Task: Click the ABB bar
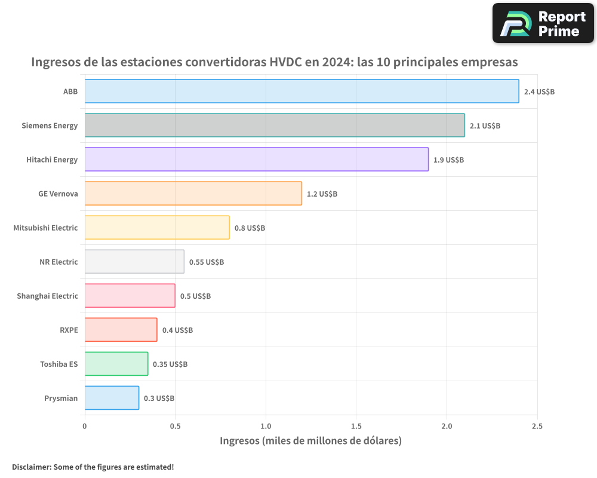coord(301,91)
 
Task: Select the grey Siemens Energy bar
coord(275,125)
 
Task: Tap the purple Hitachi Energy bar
coord(257,160)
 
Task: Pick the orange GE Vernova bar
coord(193,194)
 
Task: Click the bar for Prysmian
coord(112,398)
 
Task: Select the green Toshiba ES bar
coord(116,364)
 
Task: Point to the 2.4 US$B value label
coord(539,92)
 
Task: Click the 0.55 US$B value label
coord(207,262)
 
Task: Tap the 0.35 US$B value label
coord(170,364)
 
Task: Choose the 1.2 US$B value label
coord(322,194)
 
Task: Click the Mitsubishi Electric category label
coord(45,228)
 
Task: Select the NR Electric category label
coord(59,262)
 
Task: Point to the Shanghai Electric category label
coord(47,296)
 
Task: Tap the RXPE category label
coord(69,330)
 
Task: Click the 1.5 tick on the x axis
coord(356,426)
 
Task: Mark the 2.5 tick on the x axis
coord(537,426)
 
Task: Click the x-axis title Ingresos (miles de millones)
coord(310,441)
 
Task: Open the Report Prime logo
coord(543,23)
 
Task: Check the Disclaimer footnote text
coord(93,467)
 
